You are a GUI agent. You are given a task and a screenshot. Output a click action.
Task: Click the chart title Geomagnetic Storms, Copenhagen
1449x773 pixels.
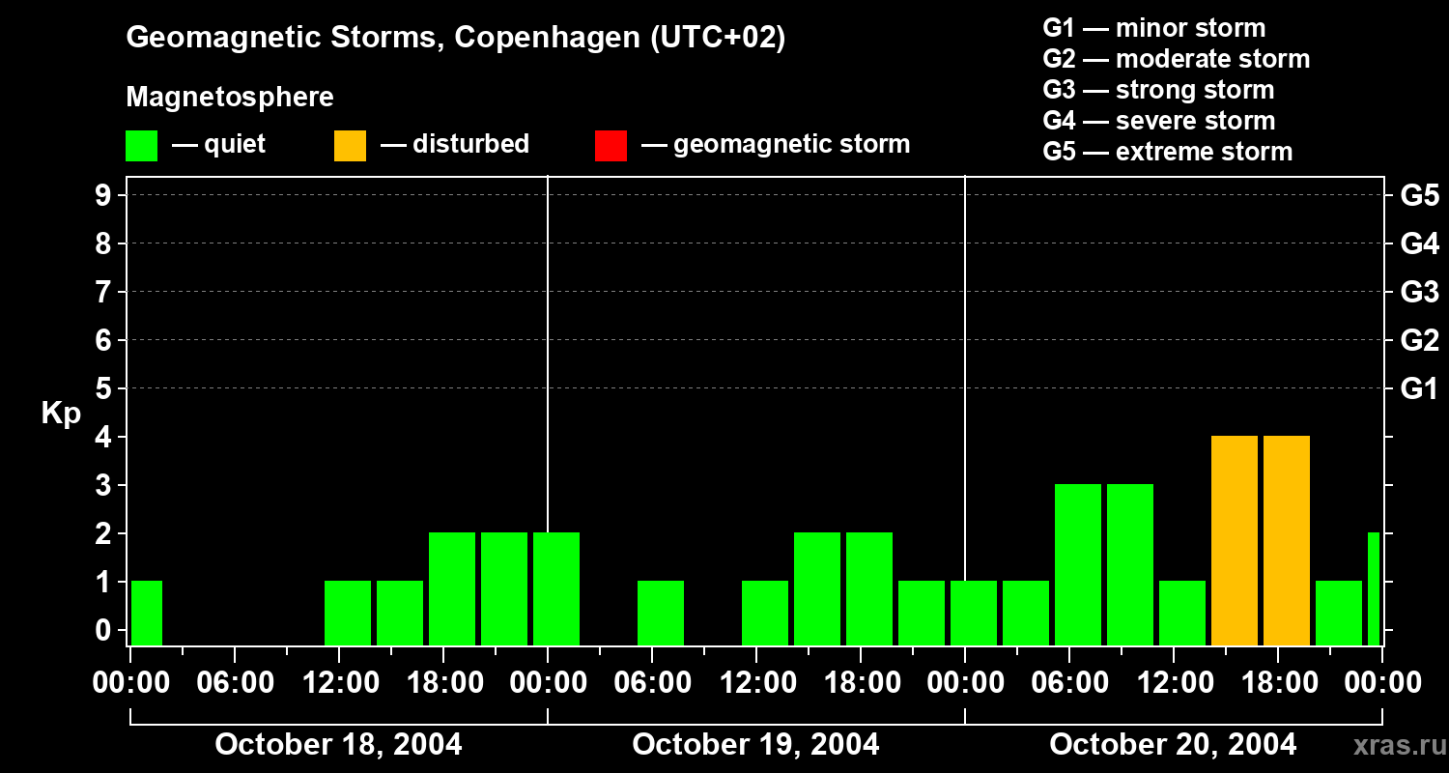pos(455,38)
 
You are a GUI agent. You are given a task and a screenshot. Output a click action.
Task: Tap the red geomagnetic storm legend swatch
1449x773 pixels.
pos(611,146)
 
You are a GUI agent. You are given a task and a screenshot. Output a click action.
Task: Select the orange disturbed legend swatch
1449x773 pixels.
pos(350,146)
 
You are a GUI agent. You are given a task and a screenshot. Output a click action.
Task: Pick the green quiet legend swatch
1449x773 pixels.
pos(141,146)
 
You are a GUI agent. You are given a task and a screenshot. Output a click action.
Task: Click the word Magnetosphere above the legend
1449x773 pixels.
pos(230,98)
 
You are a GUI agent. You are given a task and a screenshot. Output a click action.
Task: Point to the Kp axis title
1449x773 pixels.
pos(61,414)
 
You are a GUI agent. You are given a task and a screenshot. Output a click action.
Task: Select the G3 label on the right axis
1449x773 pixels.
pos(1419,292)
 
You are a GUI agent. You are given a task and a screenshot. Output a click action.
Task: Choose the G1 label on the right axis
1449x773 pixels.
pos(1419,389)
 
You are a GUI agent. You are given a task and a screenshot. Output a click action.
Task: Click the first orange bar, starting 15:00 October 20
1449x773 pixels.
pos(1235,540)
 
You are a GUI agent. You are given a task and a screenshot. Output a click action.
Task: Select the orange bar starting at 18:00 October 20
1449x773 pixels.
pos(1287,540)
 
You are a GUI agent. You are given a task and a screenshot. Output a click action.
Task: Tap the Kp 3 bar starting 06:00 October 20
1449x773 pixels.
pos(1078,564)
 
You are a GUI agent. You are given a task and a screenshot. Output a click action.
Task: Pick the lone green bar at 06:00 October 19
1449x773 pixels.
pos(661,613)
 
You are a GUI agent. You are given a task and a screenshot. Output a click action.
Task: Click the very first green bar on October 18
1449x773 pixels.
pos(147,613)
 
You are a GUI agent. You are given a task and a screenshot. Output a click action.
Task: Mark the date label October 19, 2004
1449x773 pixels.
pos(755,745)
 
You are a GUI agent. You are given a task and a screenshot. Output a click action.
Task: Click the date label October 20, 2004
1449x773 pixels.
pos(1173,745)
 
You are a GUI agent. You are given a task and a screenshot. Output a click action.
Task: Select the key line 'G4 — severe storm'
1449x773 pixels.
pos(1158,121)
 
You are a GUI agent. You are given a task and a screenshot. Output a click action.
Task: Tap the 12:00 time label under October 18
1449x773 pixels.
pos(339,683)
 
